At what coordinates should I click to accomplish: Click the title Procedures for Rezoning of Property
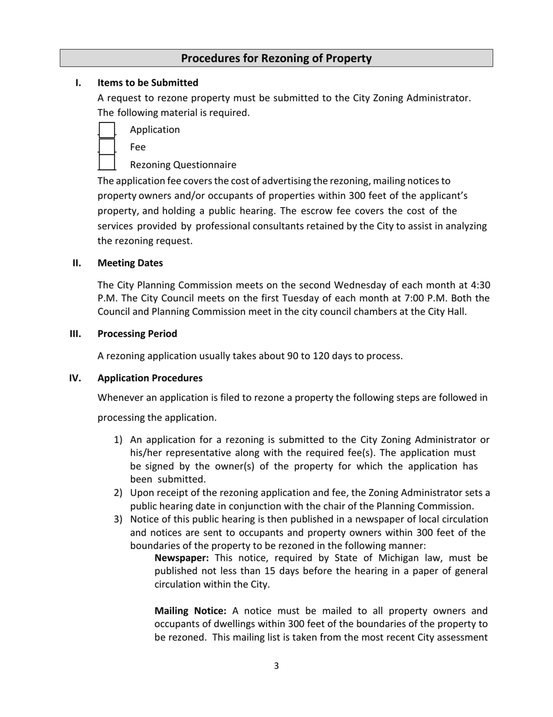coord(276,58)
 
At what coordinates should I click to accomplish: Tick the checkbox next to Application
coord(107,130)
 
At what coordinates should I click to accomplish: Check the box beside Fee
coord(107,147)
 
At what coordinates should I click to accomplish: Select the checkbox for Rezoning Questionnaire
coord(107,164)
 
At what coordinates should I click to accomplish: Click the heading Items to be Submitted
coord(148,83)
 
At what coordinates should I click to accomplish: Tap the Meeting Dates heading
coord(130,263)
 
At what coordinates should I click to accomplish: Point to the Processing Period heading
coord(137,333)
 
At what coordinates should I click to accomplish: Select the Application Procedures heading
coord(150,378)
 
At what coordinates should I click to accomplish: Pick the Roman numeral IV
coord(75,378)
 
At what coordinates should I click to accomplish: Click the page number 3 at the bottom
coord(276,666)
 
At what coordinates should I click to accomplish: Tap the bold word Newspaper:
coord(182,558)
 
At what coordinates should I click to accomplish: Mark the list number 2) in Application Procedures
coord(118,493)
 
